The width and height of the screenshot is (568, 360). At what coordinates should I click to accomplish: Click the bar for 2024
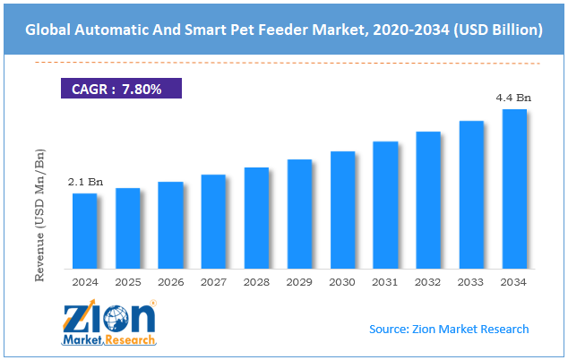click(x=84, y=230)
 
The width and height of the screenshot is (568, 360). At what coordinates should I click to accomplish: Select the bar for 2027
click(x=213, y=221)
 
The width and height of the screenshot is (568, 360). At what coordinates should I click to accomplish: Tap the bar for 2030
click(x=342, y=210)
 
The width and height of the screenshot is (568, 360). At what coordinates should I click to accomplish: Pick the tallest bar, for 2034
click(x=514, y=188)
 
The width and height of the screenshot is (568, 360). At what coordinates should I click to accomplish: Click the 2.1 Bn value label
click(x=85, y=182)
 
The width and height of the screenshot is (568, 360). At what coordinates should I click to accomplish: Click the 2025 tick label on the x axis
click(x=127, y=282)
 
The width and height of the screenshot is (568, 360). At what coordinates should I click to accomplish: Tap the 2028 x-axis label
click(x=256, y=282)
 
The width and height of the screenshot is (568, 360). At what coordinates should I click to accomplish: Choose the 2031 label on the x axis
click(x=385, y=282)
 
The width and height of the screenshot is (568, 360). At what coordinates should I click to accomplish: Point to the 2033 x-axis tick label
click(x=471, y=282)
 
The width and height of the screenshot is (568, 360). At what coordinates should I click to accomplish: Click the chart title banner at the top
click(x=283, y=30)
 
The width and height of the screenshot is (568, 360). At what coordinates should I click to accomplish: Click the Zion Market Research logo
click(x=109, y=324)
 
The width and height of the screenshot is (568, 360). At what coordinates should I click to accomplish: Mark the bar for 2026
click(x=170, y=225)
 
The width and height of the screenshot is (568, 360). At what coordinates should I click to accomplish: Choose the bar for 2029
click(x=299, y=214)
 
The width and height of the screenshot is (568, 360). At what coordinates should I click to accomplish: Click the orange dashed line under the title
click(x=283, y=63)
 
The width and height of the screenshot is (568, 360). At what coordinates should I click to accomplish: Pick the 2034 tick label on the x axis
click(x=514, y=282)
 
